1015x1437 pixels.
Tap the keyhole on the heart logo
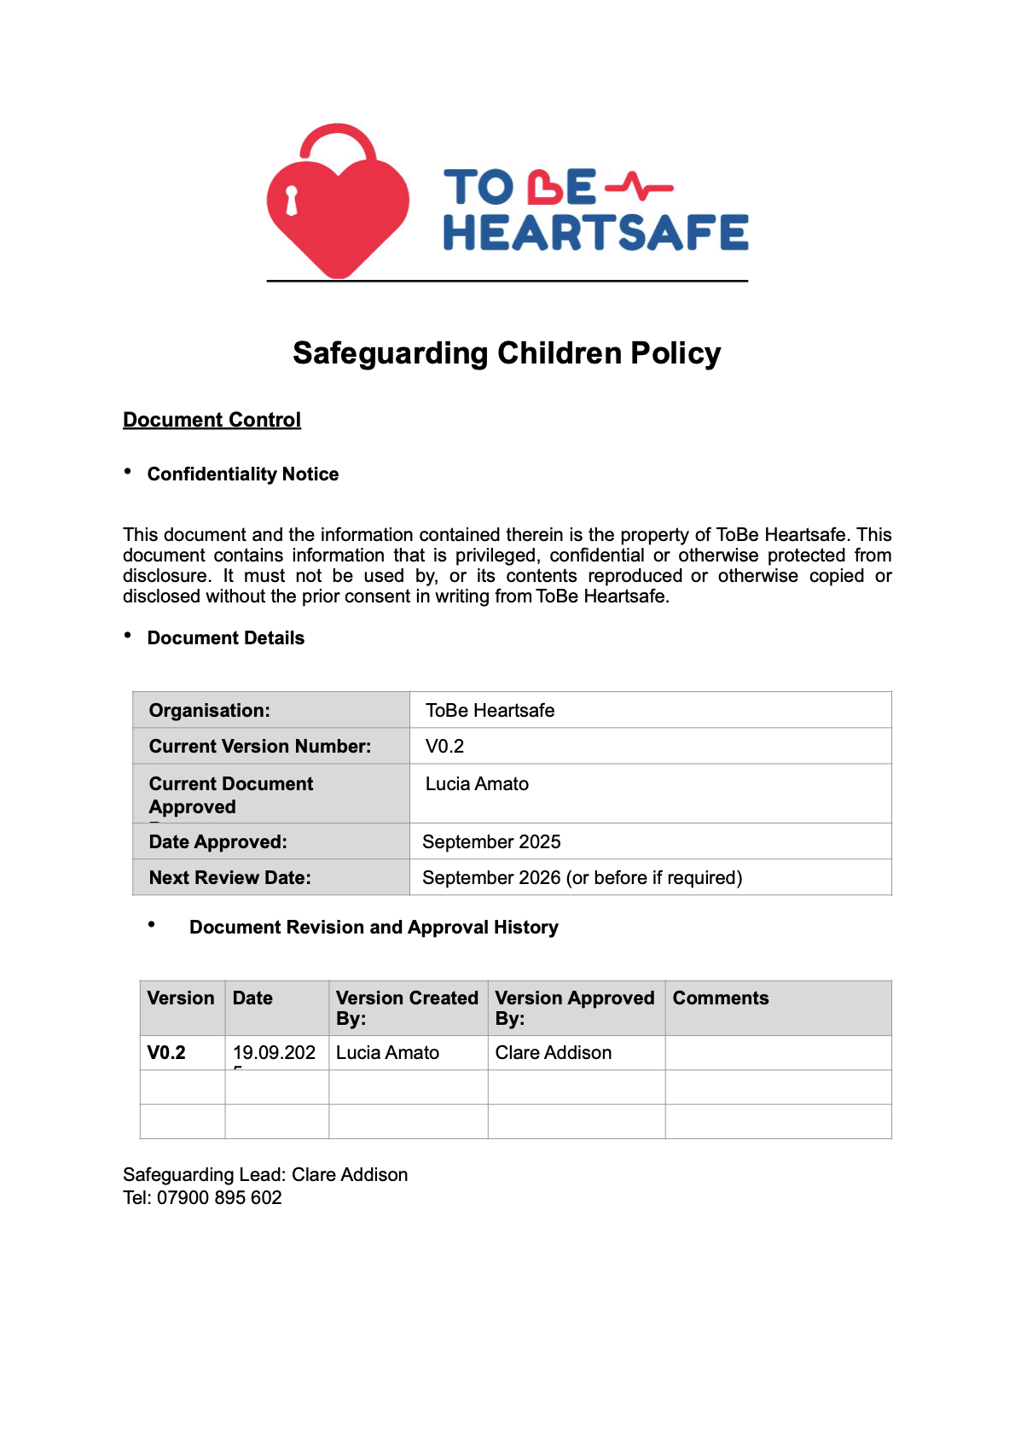coord(292,201)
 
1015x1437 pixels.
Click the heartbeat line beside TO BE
coord(638,186)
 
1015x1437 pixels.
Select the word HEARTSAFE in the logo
coord(595,233)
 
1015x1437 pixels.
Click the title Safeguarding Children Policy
coord(507,353)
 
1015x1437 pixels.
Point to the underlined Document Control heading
coord(212,420)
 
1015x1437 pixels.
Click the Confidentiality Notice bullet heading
coord(242,474)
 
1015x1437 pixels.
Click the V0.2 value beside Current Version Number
coord(444,747)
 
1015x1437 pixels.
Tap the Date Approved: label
coord(218,842)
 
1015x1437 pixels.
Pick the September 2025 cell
coord(491,842)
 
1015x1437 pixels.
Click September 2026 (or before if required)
coord(582,878)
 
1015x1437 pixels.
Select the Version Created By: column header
coord(407,1008)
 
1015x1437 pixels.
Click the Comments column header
coord(721,998)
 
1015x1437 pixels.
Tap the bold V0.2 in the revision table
coord(166,1053)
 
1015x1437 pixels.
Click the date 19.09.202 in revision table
coord(274,1053)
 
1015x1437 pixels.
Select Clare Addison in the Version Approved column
coord(554,1053)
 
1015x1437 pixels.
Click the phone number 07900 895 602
coord(219,1198)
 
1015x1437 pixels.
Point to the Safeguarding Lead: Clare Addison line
coord(265,1175)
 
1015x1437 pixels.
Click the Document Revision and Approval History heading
coord(374,928)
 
